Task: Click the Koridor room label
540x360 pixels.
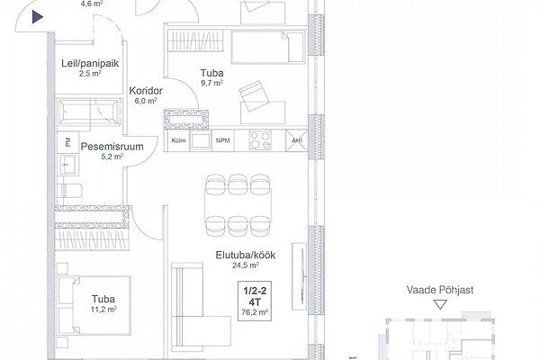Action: click(x=146, y=91)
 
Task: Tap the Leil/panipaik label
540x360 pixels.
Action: click(x=90, y=63)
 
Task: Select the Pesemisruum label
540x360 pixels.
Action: click(x=112, y=147)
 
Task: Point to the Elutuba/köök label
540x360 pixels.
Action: click(x=246, y=256)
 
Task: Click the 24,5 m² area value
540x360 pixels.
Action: click(x=246, y=265)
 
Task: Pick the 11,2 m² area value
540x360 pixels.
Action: click(x=103, y=310)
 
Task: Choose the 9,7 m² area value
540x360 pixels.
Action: click(x=211, y=83)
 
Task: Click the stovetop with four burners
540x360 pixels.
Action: click(x=260, y=140)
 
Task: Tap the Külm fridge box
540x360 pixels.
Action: click(x=178, y=140)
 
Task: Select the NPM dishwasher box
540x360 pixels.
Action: click(x=223, y=140)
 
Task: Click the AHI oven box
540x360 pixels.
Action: click(x=296, y=140)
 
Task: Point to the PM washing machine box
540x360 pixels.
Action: click(x=67, y=142)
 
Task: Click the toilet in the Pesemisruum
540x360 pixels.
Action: click(x=69, y=191)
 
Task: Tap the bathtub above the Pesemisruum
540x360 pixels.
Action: click(x=89, y=112)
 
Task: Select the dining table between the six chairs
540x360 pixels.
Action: click(x=238, y=206)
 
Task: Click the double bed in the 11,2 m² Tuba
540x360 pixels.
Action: click(x=94, y=305)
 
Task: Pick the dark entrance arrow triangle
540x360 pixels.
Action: click(x=38, y=17)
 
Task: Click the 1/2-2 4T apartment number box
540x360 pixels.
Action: click(x=255, y=301)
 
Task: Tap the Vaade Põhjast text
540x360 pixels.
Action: click(x=440, y=290)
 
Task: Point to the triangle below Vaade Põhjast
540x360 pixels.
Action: click(x=440, y=304)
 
